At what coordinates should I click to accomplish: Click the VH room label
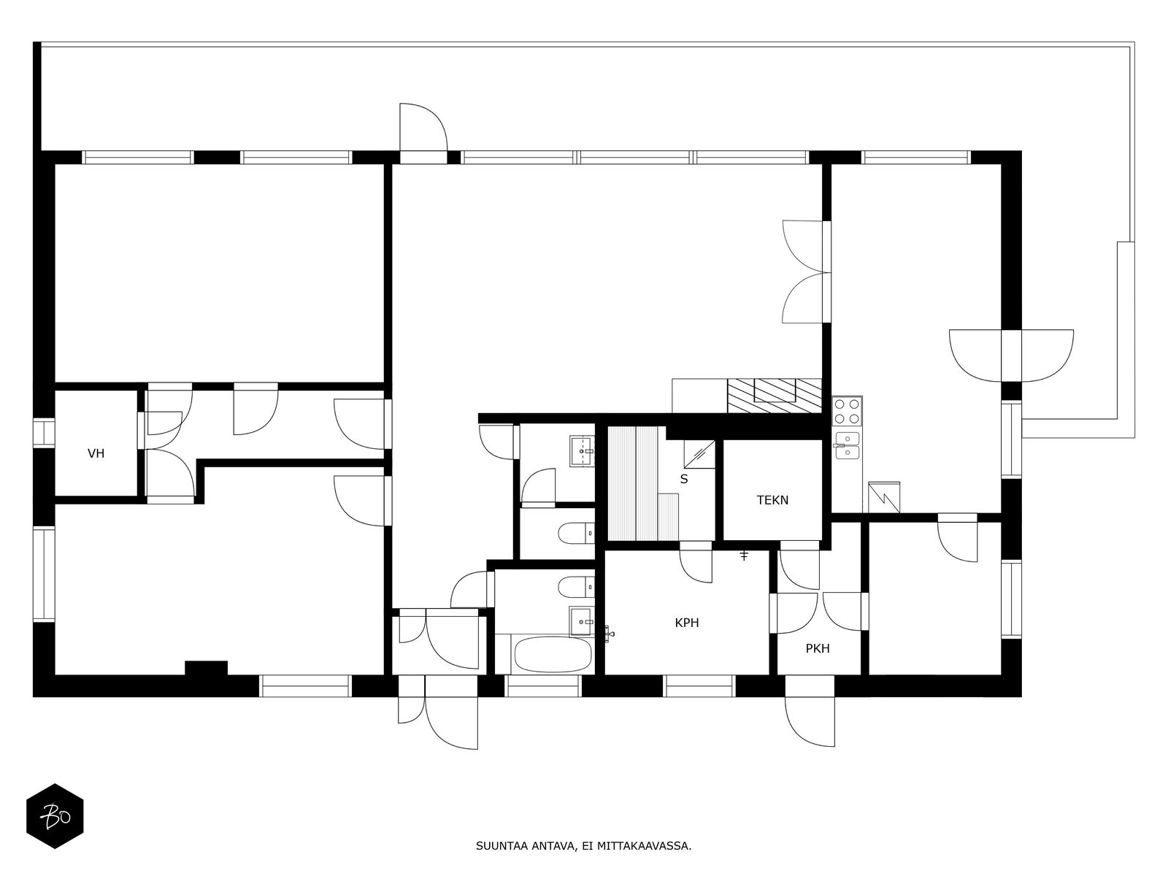(96, 453)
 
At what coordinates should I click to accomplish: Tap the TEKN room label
(772, 500)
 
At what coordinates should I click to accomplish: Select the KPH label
(687, 623)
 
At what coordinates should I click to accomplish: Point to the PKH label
(818, 648)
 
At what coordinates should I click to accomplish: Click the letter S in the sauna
(684, 479)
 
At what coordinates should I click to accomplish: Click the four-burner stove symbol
(847, 411)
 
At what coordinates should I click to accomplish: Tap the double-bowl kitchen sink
(847, 446)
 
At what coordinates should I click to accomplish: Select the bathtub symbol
(553, 654)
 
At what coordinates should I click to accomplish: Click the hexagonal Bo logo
(55, 816)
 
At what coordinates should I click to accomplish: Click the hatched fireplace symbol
(775, 396)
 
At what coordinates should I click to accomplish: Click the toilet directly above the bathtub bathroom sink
(576, 587)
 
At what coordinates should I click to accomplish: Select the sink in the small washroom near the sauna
(582, 451)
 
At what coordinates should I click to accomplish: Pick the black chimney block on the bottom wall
(206, 669)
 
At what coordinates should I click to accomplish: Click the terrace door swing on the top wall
(423, 127)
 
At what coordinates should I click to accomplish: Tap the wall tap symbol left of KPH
(610, 634)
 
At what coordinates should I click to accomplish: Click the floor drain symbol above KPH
(744, 556)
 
